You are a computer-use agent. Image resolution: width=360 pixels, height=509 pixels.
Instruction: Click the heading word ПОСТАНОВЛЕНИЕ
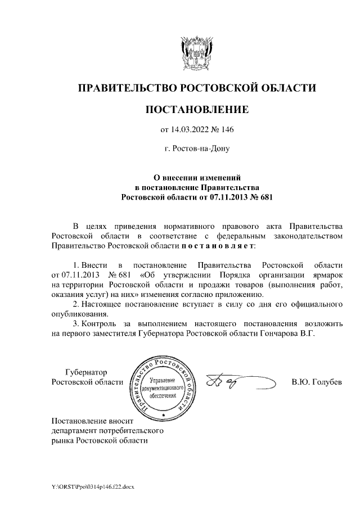[x=196, y=109]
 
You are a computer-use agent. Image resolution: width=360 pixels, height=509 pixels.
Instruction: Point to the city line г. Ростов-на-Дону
[x=197, y=150]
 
